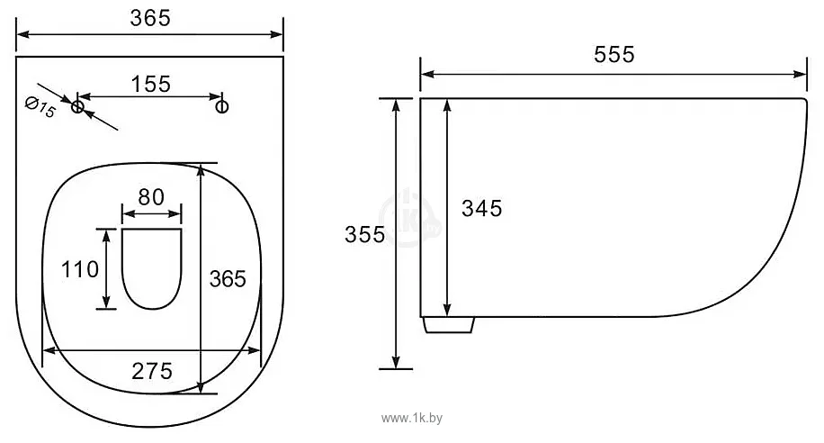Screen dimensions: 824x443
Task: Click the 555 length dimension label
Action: pos(614,54)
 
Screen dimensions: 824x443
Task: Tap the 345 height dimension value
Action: pos(482,208)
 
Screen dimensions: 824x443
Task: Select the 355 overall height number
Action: pos(364,234)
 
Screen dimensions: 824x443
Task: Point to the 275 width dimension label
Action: pos(152,371)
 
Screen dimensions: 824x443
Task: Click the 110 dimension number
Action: pos(80,269)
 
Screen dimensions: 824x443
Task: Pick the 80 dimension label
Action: pos(151,197)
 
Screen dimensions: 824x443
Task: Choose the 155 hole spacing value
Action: pos(151,84)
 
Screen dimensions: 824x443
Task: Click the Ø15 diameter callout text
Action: pos(40,107)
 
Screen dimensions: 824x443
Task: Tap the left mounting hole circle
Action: pos(77,107)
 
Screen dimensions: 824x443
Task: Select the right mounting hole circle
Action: pos(222,107)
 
